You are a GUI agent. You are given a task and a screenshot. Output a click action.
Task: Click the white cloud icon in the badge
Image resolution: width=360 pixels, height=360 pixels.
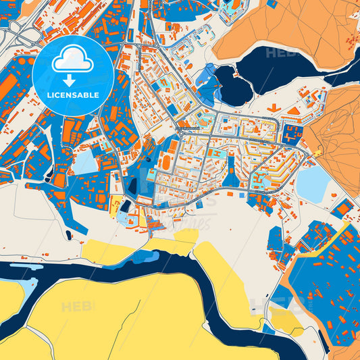(73, 61)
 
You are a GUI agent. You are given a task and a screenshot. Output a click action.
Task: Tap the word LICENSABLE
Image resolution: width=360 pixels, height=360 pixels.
(73, 95)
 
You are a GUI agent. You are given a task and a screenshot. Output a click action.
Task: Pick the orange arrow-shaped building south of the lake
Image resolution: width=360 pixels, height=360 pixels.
(273, 107)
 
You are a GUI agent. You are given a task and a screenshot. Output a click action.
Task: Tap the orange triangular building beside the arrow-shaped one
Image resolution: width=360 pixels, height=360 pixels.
(294, 110)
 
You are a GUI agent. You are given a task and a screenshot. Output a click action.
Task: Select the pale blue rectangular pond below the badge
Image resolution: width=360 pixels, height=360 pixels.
(85, 163)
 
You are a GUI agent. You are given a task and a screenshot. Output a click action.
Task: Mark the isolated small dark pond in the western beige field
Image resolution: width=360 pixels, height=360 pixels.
(68, 235)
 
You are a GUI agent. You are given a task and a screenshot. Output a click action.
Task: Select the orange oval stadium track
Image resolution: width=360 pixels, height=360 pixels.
(165, 162)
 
